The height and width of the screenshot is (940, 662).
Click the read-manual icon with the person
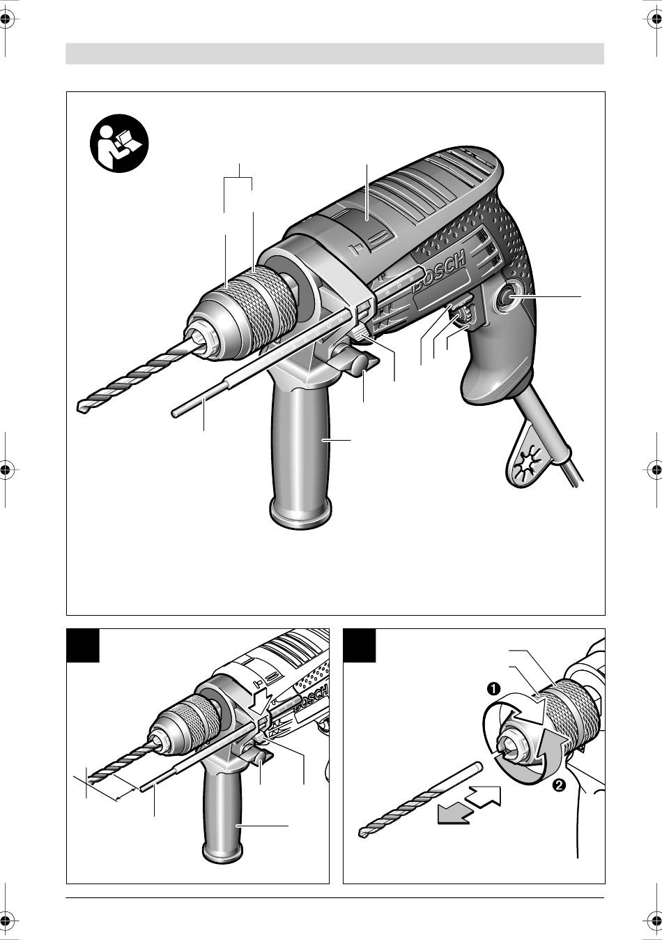click(119, 143)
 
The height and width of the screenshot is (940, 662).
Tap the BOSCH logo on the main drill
click(440, 271)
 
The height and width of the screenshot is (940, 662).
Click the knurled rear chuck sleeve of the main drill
click(268, 300)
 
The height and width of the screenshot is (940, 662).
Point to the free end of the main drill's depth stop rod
click(174, 414)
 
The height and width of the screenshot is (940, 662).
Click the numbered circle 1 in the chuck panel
click(493, 689)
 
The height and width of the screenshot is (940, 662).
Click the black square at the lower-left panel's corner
click(83, 646)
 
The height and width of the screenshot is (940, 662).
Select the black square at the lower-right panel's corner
click(360, 646)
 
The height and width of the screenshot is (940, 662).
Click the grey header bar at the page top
click(335, 53)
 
